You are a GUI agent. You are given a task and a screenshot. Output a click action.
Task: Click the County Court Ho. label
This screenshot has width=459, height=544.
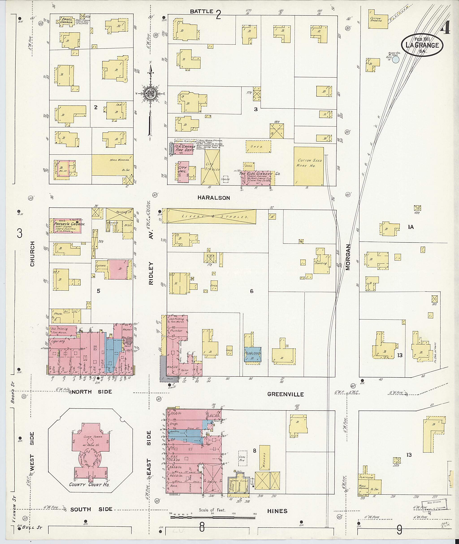point(89,484)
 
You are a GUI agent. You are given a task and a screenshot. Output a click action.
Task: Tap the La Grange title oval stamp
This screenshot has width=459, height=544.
point(422,45)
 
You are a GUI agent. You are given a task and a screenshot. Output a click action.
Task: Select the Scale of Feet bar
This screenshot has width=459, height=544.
point(212,518)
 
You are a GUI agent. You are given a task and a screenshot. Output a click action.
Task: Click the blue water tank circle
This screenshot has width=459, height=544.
point(396,60)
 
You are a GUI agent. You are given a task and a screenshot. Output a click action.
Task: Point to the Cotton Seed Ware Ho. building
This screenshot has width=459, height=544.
point(309,166)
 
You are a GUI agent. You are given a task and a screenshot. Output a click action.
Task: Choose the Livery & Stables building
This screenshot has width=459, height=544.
point(211,216)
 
